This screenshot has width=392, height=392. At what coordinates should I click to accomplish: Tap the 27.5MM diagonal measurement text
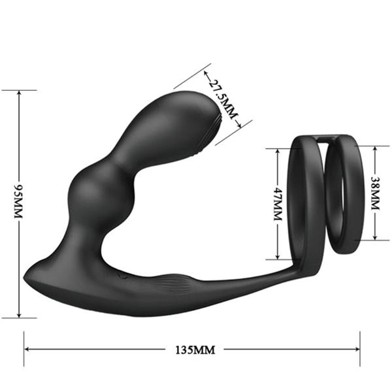221,100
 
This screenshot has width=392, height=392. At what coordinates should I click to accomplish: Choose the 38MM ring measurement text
374,193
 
